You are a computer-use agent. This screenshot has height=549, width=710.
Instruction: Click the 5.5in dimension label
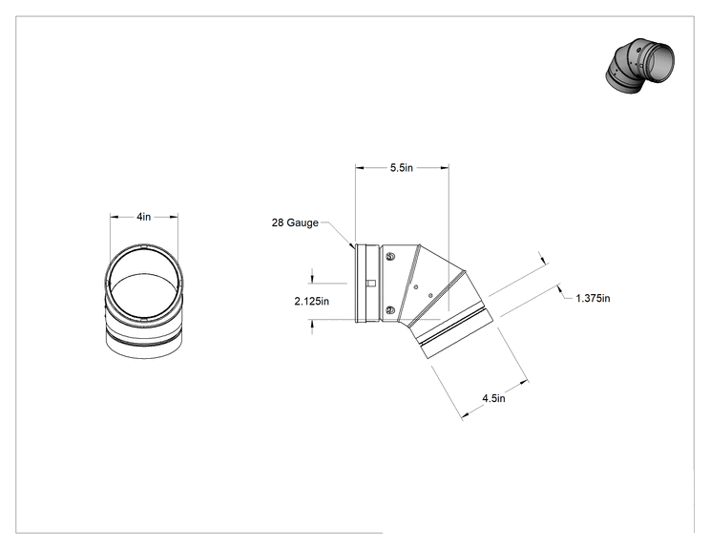(x=402, y=168)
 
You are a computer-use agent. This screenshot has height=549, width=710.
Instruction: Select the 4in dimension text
(x=143, y=217)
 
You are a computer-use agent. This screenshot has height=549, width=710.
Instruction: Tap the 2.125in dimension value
(x=311, y=301)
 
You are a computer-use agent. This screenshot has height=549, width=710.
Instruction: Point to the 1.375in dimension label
(x=593, y=298)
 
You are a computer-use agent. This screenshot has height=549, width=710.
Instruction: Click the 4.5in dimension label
(x=493, y=398)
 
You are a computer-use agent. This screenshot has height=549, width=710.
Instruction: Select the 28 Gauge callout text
(x=295, y=222)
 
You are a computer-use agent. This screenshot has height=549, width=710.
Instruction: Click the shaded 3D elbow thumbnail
(x=639, y=66)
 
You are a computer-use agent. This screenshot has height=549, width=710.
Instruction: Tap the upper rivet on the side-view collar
(x=390, y=257)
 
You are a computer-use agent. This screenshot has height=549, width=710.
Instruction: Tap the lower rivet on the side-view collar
(x=390, y=310)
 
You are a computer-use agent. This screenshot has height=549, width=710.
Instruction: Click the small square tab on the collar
(x=371, y=284)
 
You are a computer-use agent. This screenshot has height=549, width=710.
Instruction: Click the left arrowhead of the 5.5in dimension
(x=360, y=168)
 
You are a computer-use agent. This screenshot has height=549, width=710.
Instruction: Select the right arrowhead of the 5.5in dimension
(x=445, y=168)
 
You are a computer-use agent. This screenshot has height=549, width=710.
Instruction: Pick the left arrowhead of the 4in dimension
(x=115, y=217)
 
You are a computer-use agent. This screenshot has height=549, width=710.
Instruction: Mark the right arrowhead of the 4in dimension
(x=174, y=217)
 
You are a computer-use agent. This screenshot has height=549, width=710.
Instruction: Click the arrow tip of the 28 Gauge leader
(x=353, y=247)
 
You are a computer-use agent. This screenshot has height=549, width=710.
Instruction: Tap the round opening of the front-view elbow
(x=144, y=284)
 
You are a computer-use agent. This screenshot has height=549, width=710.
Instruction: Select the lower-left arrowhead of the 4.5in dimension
(x=465, y=415)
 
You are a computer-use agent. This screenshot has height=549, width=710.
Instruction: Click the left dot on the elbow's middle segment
(x=416, y=286)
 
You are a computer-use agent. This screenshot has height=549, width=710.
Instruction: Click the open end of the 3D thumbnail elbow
(x=658, y=63)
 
